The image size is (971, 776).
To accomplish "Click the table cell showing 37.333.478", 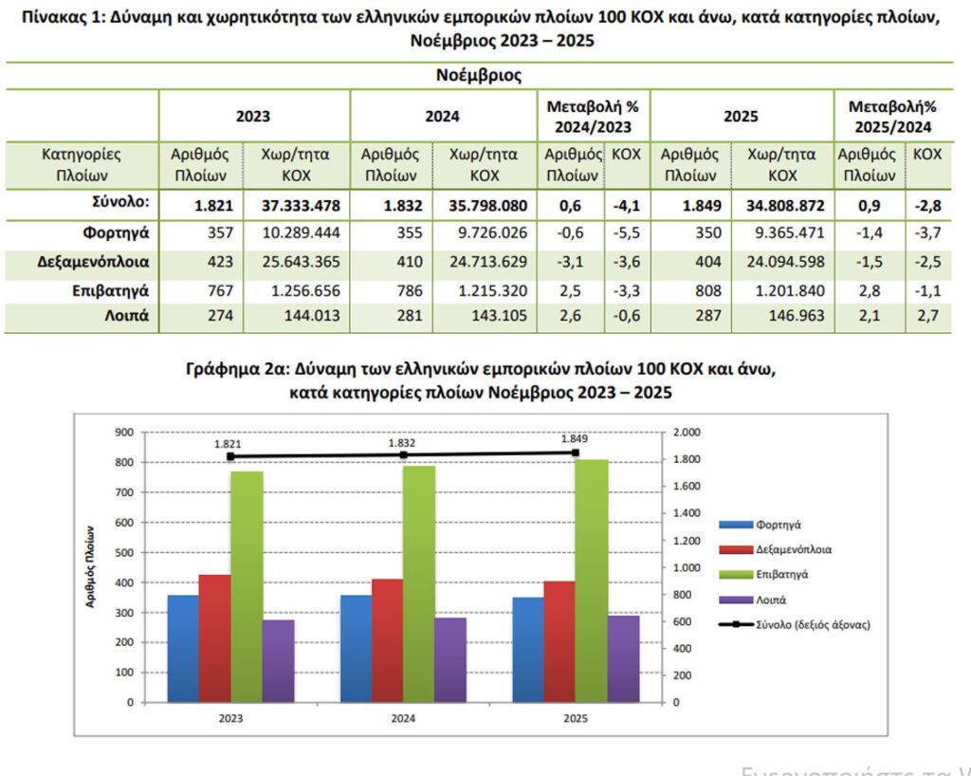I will click(297, 204).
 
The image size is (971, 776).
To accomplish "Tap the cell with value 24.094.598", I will click(781, 261).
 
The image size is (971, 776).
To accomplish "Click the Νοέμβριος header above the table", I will click(479, 75).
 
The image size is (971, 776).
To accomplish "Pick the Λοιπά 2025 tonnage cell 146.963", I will click(781, 316).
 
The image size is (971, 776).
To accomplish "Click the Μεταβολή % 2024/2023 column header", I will click(593, 117).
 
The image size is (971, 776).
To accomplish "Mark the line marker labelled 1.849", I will click(576, 453).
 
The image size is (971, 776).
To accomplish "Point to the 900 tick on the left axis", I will click(123, 432).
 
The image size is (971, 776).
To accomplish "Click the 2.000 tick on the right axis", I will click(685, 432).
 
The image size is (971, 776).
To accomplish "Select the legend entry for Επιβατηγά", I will click(781, 574).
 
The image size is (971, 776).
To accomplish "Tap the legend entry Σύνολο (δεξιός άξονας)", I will click(812, 624).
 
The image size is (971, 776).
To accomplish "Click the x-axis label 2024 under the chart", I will click(403, 718).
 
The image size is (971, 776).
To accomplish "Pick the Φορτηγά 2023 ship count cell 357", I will click(201, 232).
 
